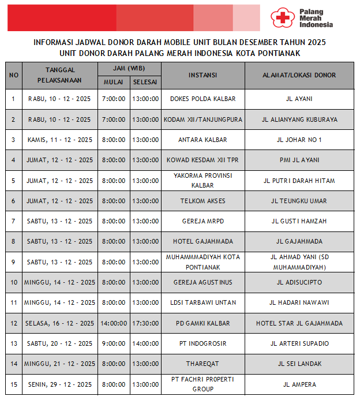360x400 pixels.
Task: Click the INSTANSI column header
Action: [202, 76]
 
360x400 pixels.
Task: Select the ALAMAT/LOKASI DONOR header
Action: [299, 76]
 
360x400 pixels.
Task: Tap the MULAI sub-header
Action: [113, 82]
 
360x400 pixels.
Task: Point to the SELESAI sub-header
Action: [145, 82]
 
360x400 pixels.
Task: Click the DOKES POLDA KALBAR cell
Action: [202, 99]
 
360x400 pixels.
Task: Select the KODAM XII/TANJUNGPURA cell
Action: [202, 119]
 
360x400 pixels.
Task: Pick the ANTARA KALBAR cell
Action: [202, 140]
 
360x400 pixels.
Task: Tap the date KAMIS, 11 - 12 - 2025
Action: [59, 140]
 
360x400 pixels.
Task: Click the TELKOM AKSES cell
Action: [202, 201]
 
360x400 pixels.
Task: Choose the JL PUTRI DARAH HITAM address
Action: [299, 181]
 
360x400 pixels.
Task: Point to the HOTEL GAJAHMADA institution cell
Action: [202, 241]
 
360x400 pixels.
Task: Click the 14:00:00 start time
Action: [113, 323]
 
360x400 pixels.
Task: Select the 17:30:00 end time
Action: [145, 323]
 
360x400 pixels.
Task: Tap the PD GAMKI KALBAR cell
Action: [202, 323]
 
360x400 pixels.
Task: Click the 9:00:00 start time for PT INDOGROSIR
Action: [113, 343]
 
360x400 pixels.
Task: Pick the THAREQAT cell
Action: [202, 364]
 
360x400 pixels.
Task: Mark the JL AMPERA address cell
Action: [299, 384]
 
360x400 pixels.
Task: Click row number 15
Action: [14, 384]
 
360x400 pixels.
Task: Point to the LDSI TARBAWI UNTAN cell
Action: [202, 302]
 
